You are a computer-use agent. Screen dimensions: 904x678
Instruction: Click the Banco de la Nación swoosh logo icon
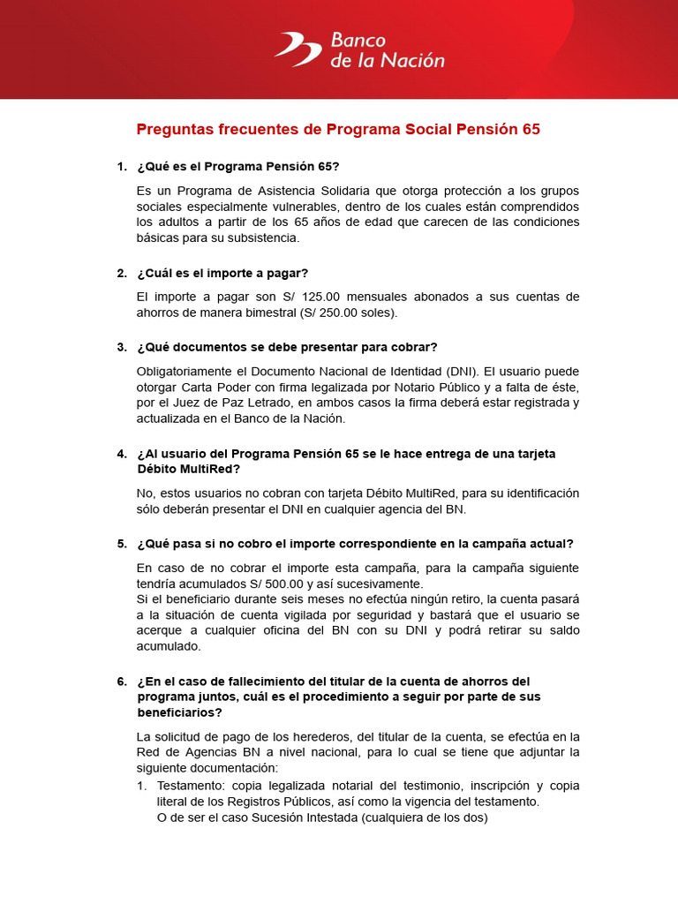coord(298,49)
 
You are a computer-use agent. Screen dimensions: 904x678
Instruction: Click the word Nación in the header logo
coord(416,61)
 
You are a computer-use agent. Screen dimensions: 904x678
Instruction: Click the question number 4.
coord(121,454)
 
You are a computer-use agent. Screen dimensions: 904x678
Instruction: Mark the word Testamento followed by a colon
coord(190,786)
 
